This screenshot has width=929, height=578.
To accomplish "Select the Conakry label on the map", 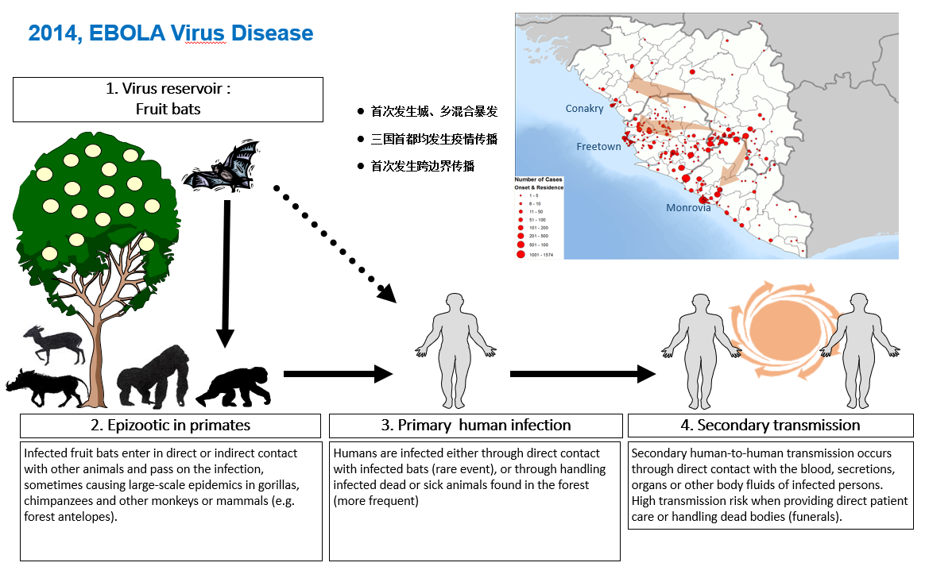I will tap(584, 109).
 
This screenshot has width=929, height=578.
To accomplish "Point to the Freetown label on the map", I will tap(598, 147).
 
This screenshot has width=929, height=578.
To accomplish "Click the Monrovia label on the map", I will tap(688, 208).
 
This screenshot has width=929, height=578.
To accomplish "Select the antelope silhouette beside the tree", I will tap(52, 342).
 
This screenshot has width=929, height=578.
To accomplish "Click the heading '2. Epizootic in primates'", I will tap(170, 426).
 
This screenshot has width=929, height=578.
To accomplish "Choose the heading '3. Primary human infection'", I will tap(475, 426).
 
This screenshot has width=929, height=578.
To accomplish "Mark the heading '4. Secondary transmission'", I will tap(770, 426).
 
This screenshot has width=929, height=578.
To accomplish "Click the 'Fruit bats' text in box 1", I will tap(168, 109).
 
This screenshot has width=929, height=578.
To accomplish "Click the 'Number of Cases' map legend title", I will tap(538, 180).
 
